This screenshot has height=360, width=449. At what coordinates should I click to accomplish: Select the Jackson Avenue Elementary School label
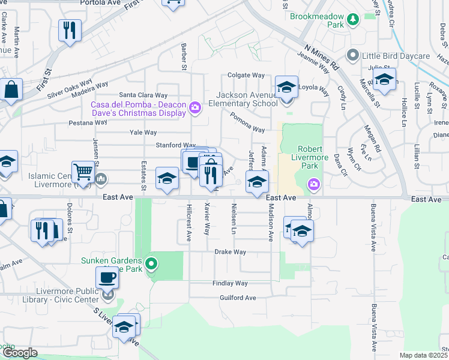[x=247, y=99]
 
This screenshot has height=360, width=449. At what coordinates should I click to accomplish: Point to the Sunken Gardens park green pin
[x=151, y=263]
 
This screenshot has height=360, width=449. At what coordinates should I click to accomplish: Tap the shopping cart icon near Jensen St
[x=82, y=172]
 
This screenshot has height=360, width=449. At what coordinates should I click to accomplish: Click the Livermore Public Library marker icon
[x=107, y=294]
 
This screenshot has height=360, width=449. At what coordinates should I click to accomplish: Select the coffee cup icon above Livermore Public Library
[x=107, y=277]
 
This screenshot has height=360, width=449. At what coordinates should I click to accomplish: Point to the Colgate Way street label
[x=246, y=76]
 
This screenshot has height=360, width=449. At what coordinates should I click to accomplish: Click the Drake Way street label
[x=231, y=253]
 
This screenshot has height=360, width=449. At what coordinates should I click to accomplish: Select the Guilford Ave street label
[x=238, y=298]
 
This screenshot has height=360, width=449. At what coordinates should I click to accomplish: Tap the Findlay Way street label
[x=230, y=283]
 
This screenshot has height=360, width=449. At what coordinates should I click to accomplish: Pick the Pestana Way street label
[x=87, y=122]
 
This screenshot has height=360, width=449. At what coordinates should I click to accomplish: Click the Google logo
[x=20, y=353]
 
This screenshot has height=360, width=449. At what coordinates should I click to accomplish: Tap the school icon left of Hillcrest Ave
[x=167, y=178]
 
